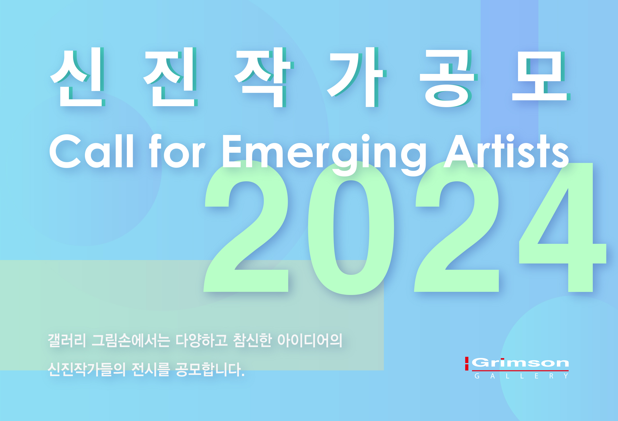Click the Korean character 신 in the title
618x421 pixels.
coord(77,77)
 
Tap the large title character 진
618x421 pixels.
coord(170,77)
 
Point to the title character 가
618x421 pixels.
coord(356,77)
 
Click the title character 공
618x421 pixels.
coord(449,78)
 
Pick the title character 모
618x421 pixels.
coord(541,76)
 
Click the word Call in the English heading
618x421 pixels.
coord(91,151)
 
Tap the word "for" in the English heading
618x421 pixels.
coord(177,151)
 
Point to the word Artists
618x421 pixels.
coord(506,151)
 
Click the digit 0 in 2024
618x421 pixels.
coord(351,228)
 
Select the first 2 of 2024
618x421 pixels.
coord(246,226)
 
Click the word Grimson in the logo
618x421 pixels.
coord(520,363)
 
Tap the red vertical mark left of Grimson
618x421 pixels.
coord(467,364)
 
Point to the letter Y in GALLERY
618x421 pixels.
coord(566,376)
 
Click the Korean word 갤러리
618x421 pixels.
coord(67,340)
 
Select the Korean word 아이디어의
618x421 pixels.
coord(310,340)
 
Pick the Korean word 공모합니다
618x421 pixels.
coord(210,369)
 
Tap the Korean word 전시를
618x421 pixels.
coord(150,369)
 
